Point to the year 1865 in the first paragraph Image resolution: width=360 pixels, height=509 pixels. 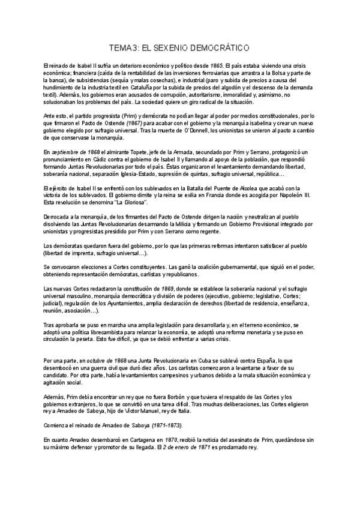point(217,64)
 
